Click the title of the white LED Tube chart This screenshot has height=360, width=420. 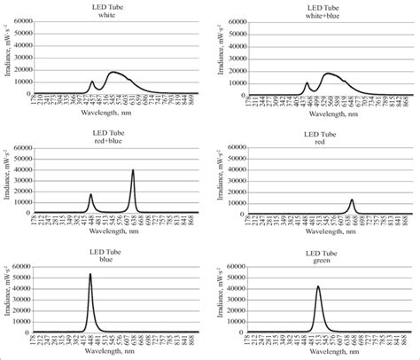tap(104, 10)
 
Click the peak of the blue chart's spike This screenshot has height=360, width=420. tap(89, 275)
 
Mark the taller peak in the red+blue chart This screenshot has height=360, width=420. tap(133, 170)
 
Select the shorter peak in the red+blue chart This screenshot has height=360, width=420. tap(90, 194)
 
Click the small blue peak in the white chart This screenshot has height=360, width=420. tap(92, 82)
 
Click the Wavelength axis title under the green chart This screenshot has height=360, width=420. tap(318, 355)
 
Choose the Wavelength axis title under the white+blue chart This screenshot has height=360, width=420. tap(318, 118)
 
